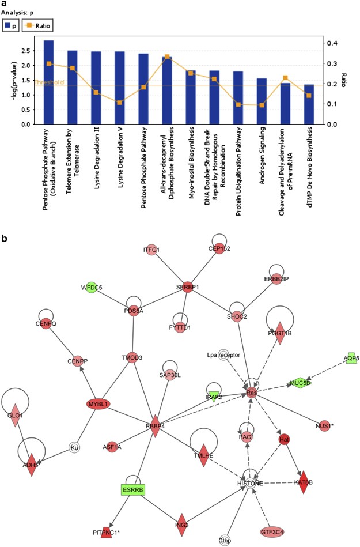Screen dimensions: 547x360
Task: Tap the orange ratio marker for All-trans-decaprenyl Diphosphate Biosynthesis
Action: (x=167, y=57)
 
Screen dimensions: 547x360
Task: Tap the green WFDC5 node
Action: (x=90, y=287)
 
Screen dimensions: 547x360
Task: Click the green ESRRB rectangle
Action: (x=132, y=490)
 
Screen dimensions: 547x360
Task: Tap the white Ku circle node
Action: (x=74, y=447)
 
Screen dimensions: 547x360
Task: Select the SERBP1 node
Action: (x=187, y=286)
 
